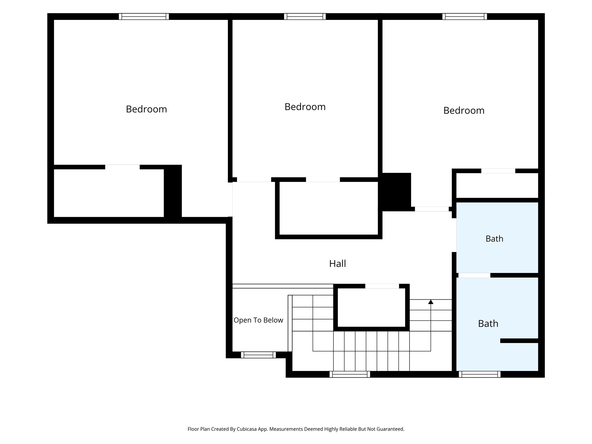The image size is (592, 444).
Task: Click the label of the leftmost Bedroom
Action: (x=146, y=109)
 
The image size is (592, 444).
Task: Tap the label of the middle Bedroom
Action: (x=305, y=107)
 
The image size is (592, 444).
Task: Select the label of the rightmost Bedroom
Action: (x=464, y=110)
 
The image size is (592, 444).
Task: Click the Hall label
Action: (x=337, y=263)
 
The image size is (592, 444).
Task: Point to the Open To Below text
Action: (x=258, y=320)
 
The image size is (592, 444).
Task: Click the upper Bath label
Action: (x=494, y=238)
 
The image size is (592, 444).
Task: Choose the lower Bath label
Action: (x=488, y=323)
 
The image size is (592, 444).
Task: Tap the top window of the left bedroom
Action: (x=144, y=16)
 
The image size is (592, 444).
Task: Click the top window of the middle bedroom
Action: (x=305, y=16)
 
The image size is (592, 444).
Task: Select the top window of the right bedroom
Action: (x=465, y=16)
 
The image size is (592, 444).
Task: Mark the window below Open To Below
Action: (x=258, y=355)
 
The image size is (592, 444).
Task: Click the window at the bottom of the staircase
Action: (x=350, y=374)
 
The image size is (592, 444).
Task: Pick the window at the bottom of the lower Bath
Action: (x=480, y=374)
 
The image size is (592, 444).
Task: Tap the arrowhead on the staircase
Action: (x=431, y=302)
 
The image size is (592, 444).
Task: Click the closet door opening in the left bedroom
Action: (x=122, y=167)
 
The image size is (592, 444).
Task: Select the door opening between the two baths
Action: (x=474, y=275)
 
